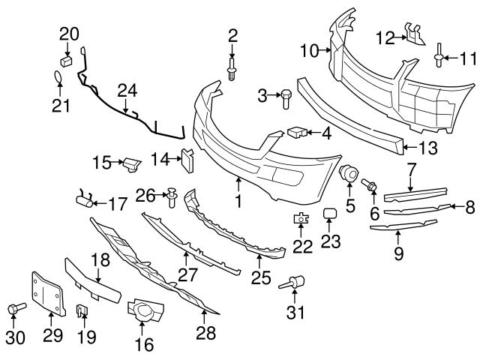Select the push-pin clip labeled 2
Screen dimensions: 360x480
[x=232, y=72]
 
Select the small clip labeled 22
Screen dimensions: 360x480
[x=301, y=219]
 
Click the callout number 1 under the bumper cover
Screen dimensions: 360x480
[x=238, y=201]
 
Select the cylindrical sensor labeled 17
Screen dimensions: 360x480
[x=84, y=199]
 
